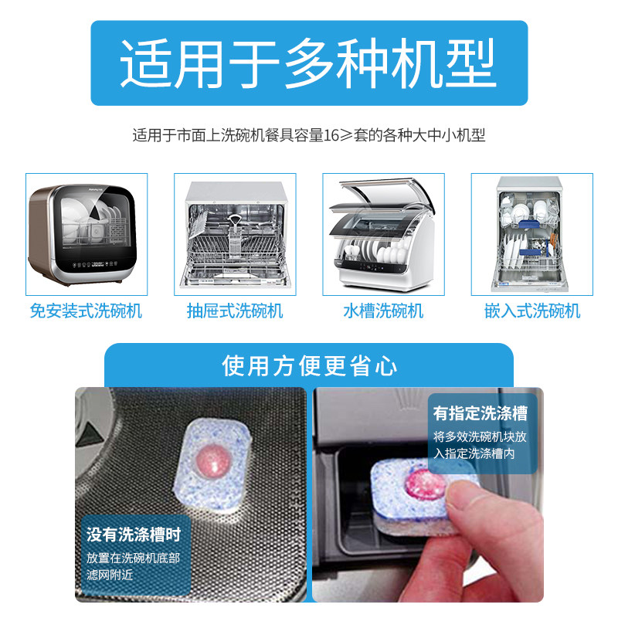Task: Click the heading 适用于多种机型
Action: tap(308, 63)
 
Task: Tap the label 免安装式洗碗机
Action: tap(86, 311)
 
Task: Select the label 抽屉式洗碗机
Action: tap(235, 311)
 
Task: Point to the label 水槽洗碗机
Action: tap(383, 311)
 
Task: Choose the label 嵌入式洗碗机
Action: tap(532, 311)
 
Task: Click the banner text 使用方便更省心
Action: tap(308, 365)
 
